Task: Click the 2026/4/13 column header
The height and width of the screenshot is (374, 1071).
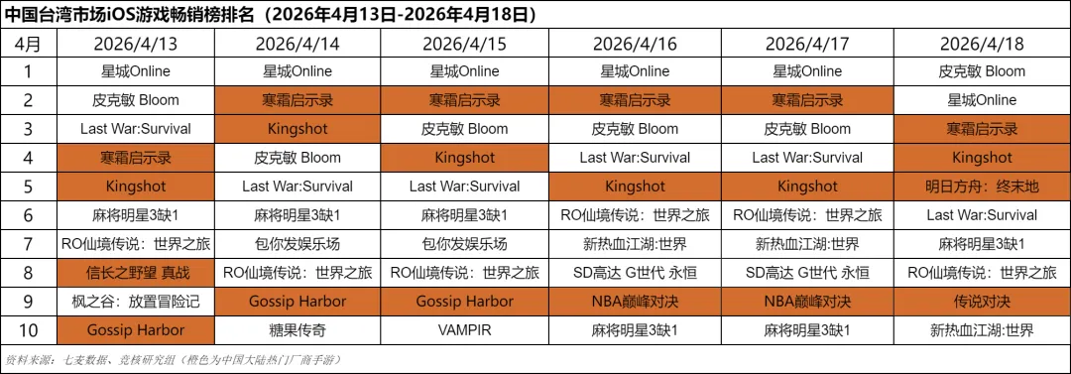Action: pyautogui.click(x=135, y=44)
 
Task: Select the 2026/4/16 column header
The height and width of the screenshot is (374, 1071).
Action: pyautogui.click(x=635, y=44)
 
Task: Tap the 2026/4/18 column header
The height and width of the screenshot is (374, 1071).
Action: pyautogui.click(x=982, y=44)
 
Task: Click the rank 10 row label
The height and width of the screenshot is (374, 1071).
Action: pyautogui.click(x=28, y=330)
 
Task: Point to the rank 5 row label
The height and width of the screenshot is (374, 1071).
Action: pyautogui.click(x=28, y=187)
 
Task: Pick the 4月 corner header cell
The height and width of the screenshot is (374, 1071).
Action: pyautogui.click(x=28, y=44)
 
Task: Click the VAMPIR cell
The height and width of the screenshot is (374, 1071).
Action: pyautogui.click(x=464, y=330)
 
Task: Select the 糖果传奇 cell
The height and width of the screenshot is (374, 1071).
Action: pyautogui.click(x=297, y=330)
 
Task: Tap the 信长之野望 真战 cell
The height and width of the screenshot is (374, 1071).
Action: pyautogui.click(x=135, y=273)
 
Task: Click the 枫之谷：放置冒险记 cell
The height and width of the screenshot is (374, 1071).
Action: pyautogui.click(x=135, y=302)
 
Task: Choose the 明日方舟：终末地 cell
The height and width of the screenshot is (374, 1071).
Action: pyautogui.click(x=982, y=187)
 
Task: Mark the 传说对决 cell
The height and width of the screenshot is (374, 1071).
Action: pyautogui.click(x=982, y=302)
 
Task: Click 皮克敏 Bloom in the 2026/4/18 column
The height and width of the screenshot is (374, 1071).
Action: pyautogui.click(x=982, y=71)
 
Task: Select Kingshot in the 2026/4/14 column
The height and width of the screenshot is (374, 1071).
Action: pyautogui.click(x=297, y=129)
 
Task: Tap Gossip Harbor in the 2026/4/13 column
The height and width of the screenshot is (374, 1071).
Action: pyautogui.click(x=135, y=330)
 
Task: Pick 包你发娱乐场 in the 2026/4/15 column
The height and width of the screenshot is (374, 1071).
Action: pyautogui.click(x=464, y=244)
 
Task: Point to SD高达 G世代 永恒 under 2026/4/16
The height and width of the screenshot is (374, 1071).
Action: pyautogui.click(x=635, y=273)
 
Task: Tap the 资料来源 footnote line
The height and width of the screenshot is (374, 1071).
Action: pyautogui.click(x=173, y=360)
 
